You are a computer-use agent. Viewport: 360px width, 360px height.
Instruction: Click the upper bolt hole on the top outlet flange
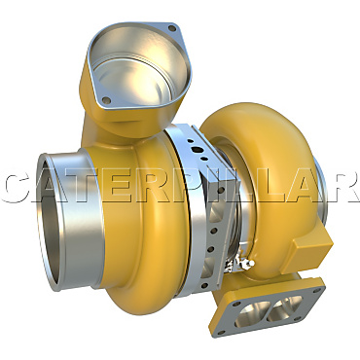172,31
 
